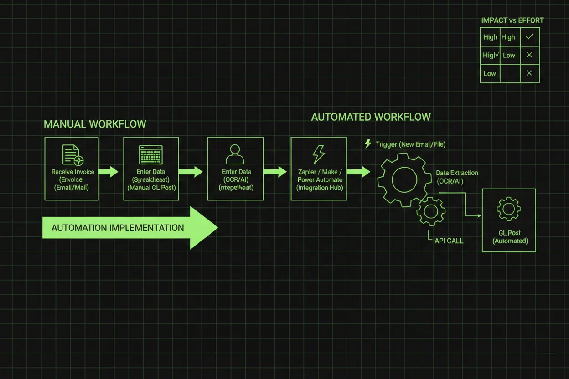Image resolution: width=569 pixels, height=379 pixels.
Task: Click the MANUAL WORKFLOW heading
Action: (95, 124)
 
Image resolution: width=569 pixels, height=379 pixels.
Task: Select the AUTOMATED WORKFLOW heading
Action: (371, 117)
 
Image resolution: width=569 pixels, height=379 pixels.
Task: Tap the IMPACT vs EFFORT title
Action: (512, 20)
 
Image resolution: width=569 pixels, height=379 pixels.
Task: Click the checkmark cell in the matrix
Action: (529, 37)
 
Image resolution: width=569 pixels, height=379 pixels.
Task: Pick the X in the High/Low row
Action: (529, 55)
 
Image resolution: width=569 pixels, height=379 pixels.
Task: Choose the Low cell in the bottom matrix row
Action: (490, 73)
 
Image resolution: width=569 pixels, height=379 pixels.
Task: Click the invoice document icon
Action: (72, 155)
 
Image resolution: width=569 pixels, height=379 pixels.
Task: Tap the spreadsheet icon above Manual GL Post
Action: (150, 155)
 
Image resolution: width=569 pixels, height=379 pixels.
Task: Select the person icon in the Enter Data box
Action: (235, 154)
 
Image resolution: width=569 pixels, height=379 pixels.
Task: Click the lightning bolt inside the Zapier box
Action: (318, 154)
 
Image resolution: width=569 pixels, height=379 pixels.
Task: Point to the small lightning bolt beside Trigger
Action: (368, 144)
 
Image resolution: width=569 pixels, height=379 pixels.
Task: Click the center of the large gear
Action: (404, 179)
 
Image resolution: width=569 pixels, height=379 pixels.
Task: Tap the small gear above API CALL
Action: (431, 211)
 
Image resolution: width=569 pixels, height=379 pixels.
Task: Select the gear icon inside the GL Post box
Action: (508, 209)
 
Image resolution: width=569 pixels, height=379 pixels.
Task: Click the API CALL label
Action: (449, 241)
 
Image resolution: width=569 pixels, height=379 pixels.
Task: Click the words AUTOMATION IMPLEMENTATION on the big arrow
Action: (118, 228)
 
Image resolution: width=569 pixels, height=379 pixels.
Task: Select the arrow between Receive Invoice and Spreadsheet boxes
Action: (109, 172)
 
